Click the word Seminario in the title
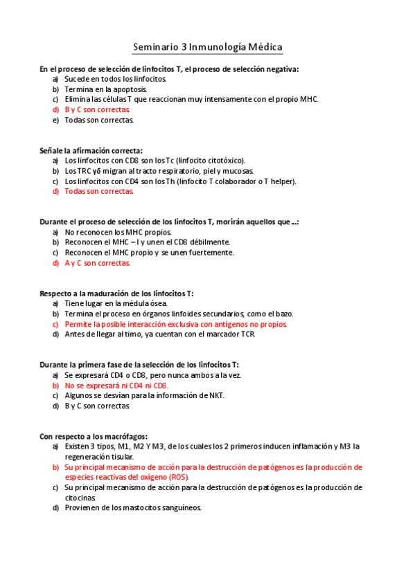coord(155,47)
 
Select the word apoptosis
coord(131,89)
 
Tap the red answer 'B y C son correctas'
coord(97,109)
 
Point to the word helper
coord(282,181)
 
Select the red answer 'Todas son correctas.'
coord(99,191)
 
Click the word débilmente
coord(208,242)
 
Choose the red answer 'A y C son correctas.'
coord(98,263)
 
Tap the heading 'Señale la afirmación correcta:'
coord(91,150)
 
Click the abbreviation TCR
coord(247,334)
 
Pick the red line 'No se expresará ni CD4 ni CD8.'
coord(116,385)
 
